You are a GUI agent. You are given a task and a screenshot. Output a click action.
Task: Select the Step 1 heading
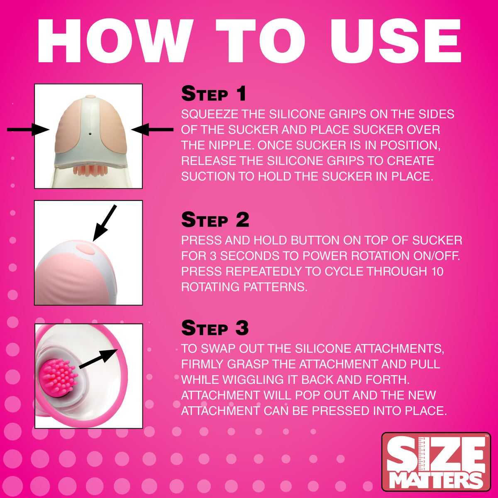tap(214, 94)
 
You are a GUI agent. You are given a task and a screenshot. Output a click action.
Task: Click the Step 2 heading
tap(215, 220)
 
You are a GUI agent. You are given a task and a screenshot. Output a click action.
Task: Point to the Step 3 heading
tap(215, 328)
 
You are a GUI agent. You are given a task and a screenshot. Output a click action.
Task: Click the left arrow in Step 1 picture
tap(28, 130)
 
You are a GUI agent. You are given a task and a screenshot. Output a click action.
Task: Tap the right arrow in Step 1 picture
tap(152, 130)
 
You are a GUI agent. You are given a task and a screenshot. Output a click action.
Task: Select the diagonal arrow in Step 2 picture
tap(104, 223)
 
